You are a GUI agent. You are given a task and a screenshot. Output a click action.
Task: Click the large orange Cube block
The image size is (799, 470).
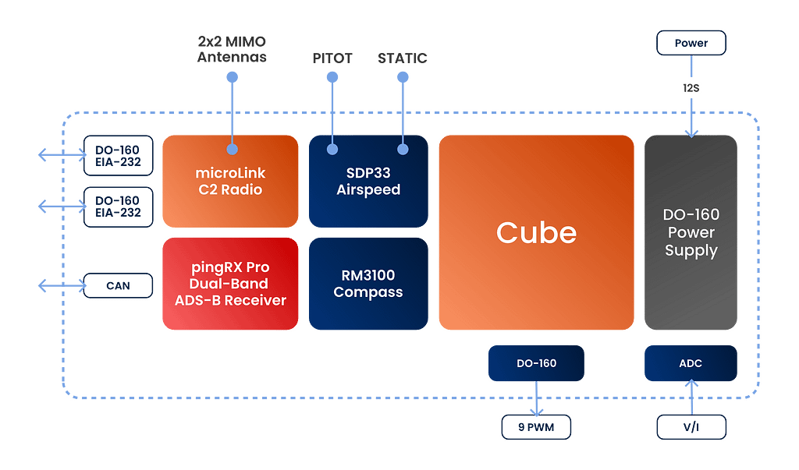coord(536,232)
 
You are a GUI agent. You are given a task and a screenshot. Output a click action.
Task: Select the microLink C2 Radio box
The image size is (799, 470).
coord(229,181)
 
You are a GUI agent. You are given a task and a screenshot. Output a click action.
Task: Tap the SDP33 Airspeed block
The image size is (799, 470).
coord(368,181)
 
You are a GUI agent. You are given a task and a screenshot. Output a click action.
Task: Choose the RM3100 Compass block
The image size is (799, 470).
coord(368,283)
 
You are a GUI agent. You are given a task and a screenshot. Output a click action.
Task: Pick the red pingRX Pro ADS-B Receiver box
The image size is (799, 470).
coord(229,283)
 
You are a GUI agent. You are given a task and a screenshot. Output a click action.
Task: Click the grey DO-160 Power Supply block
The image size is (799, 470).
coord(691,232)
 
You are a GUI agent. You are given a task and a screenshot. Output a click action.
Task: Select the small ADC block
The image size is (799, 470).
coord(691,363)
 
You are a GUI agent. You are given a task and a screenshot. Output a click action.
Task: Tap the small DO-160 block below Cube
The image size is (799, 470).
coord(536,363)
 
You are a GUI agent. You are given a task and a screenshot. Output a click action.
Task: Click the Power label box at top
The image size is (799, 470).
coord(691,43)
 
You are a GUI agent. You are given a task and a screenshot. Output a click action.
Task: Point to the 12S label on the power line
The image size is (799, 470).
coord(691,89)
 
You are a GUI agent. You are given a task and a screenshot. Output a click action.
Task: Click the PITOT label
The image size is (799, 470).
coord(332,58)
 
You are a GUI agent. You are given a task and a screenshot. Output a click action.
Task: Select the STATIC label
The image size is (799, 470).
coord(402,58)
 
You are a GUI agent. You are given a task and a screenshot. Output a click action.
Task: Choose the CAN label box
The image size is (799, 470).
coord(119,286)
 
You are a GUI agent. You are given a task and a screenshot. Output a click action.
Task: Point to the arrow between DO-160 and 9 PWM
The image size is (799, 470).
coord(536,398)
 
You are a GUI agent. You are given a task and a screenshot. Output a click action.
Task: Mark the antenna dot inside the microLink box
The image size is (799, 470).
coord(231,148)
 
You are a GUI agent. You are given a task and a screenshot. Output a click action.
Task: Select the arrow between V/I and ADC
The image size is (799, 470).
coord(691,398)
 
